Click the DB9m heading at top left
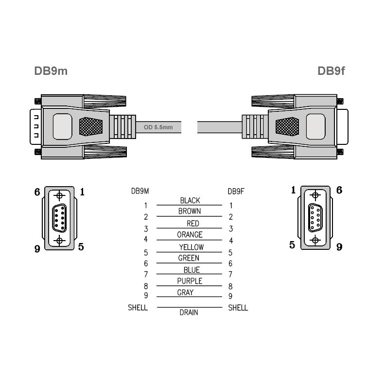[x=51, y=71]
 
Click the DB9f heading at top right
[x=331, y=71]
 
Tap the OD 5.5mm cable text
[x=158, y=128]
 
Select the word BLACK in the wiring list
[x=190, y=200]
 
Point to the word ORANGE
[x=190, y=235]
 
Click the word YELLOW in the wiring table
[x=191, y=247]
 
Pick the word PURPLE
[x=190, y=281]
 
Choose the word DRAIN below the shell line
[x=189, y=313]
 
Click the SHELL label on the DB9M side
[x=138, y=308]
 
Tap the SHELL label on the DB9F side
[x=238, y=308]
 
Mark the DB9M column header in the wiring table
[x=140, y=191]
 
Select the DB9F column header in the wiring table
[x=236, y=191]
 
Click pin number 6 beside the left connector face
[x=37, y=192]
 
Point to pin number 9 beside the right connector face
[x=339, y=247]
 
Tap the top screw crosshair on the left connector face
[x=60, y=195]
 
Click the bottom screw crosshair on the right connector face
[x=315, y=240]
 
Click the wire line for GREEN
[x=190, y=263]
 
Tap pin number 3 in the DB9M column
[x=145, y=228]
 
